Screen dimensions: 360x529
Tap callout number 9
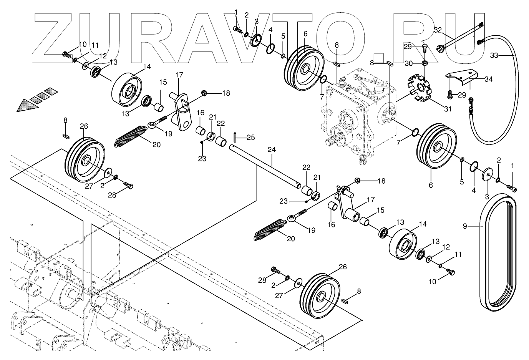[465, 226]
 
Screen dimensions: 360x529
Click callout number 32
[438, 30]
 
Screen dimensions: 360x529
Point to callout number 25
[250, 138]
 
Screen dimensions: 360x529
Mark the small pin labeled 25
[235, 136]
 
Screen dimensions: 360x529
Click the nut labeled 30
[425, 63]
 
